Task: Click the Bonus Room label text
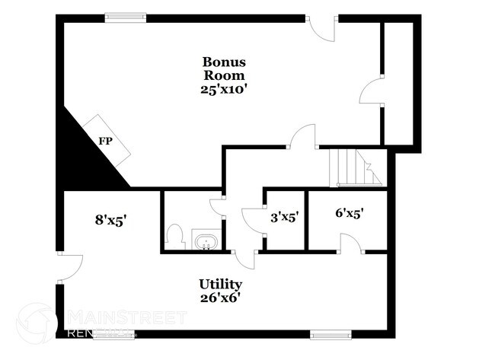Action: (x=223, y=68)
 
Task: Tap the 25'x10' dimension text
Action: (x=223, y=88)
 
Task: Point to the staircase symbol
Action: (x=355, y=167)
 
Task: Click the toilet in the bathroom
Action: (x=174, y=237)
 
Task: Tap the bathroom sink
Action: (x=206, y=243)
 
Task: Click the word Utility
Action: (x=221, y=284)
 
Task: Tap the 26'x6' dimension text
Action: (x=221, y=298)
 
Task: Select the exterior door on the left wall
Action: (x=69, y=266)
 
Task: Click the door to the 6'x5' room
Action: (x=350, y=244)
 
